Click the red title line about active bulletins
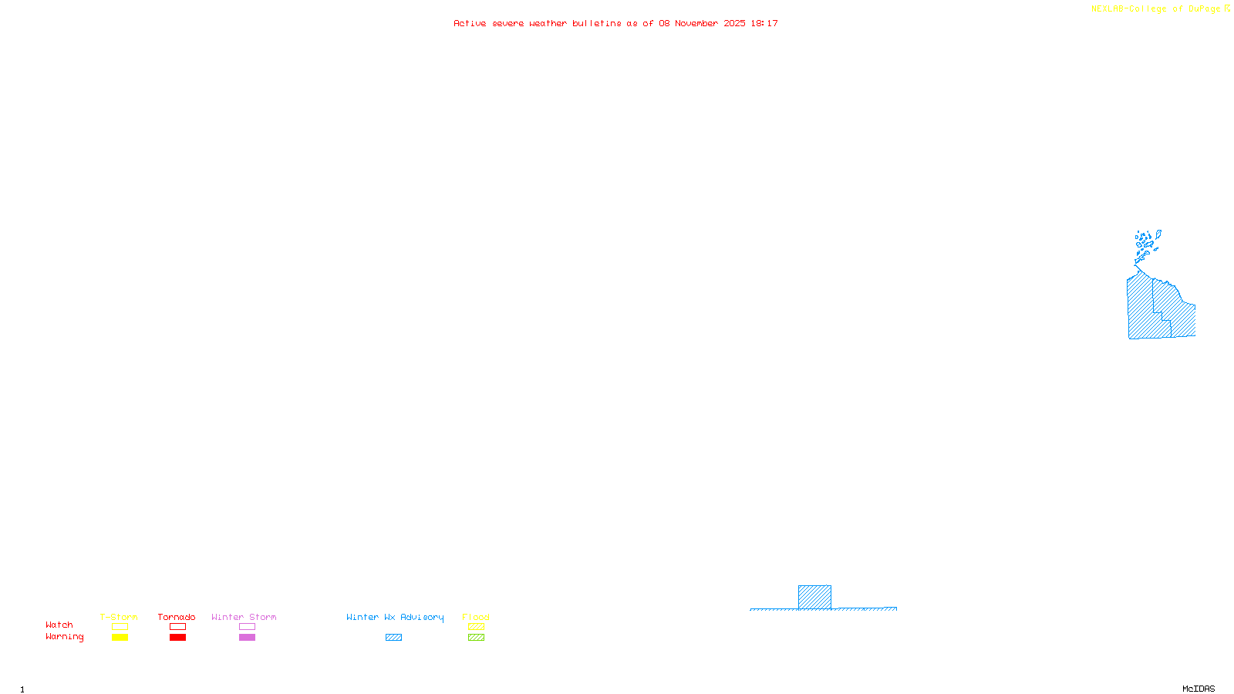[x=615, y=24]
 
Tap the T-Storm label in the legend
[x=119, y=617]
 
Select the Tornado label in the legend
[x=177, y=617]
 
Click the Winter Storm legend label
[x=244, y=617]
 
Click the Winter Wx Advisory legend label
[x=395, y=617]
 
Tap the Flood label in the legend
[x=476, y=617]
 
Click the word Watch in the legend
[x=59, y=625]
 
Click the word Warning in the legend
[x=65, y=637]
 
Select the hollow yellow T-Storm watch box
[x=120, y=627]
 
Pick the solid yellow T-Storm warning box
[x=120, y=638]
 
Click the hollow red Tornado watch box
[x=177, y=627]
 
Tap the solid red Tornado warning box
[x=177, y=638]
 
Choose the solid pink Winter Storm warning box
[x=247, y=638]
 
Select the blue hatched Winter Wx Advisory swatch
[x=393, y=638]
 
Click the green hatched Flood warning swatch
[x=476, y=638]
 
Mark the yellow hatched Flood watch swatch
[x=476, y=627]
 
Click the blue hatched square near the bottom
[x=814, y=598]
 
